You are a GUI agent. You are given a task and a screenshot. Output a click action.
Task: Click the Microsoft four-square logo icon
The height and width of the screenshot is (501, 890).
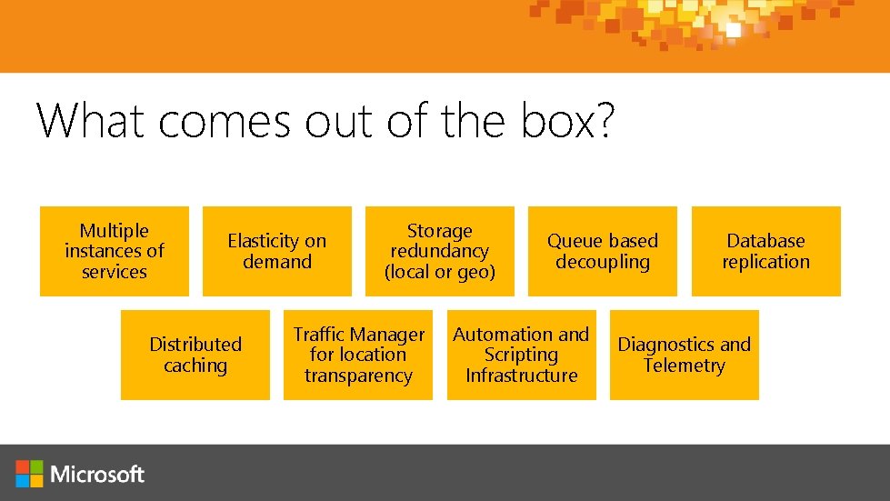tap(29, 473)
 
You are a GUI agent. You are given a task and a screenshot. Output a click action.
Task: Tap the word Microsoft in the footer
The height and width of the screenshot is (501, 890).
tap(98, 474)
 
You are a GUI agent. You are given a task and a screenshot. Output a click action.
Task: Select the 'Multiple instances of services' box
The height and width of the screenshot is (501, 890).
tap(115, 251)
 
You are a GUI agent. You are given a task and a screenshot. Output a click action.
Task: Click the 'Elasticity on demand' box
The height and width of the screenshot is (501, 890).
tap(276, 251)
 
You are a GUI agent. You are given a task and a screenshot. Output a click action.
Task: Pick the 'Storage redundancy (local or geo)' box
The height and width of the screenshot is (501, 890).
tap(440, 251)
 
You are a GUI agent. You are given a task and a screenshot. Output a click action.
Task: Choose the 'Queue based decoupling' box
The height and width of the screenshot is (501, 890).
tap(603, 251)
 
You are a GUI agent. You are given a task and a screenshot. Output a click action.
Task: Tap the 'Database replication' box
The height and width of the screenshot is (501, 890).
tap(765, 251)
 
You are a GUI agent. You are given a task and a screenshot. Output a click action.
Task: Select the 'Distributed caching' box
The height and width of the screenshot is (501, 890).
tap(195, 355)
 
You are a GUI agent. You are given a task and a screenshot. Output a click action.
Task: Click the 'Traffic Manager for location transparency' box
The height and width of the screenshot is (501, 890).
tap(358, 355)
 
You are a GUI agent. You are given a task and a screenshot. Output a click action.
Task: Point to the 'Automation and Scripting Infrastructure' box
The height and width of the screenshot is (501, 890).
tap(521, 355)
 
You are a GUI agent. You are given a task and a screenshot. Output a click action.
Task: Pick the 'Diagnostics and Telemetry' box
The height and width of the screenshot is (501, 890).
tap(684, 355)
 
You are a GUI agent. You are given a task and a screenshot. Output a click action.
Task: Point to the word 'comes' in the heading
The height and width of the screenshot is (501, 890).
tap(226, 121)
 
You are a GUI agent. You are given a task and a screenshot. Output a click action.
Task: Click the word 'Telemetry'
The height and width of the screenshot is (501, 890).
tap(684, 366)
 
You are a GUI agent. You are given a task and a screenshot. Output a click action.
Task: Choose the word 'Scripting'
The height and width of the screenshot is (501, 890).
tap(521, 356)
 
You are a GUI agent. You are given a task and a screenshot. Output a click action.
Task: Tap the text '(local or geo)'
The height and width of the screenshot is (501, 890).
tap(440, 272)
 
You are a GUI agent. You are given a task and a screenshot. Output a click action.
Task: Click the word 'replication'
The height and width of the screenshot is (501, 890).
tap(765, 262)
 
